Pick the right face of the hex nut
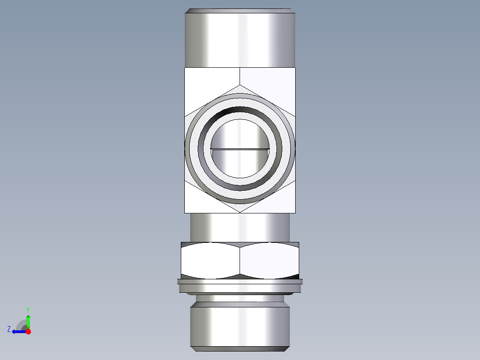click(x=269, y=261)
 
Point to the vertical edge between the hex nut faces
click(x=240, y=261)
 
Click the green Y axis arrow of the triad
click(x=28, y=321)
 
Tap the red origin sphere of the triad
click(x=28, y=331)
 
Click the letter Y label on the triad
click(x=28, y=309)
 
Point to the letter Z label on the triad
click(x=9, y=329)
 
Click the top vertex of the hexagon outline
click(x=240, y=85)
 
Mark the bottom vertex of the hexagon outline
click(x=240, y=212)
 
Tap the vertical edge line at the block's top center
click(x=240, y=76)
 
